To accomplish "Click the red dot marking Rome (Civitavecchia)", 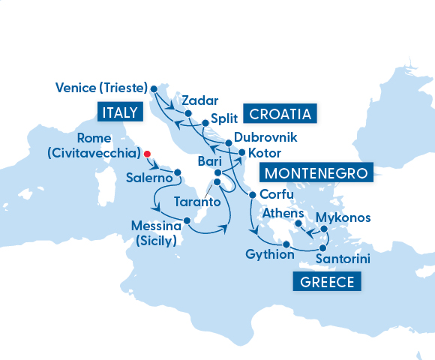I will (x=147, y=154).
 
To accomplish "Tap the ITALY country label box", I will (x=119, y=112).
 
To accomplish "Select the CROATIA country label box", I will (x=279, y=114).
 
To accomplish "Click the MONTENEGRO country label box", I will (x=315, y=173).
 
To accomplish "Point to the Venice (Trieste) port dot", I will (x=154, y=88).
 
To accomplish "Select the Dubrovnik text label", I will (x=265, y=138).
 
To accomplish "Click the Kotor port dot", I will (x=241, y=153).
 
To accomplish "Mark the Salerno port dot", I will (x=178, y=172).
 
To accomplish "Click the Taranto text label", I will (x=196, y=202).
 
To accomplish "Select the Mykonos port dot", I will (x=319, y=229).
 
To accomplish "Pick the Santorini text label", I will (x=343, y=259).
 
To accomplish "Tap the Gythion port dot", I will (x=286, y=244).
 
